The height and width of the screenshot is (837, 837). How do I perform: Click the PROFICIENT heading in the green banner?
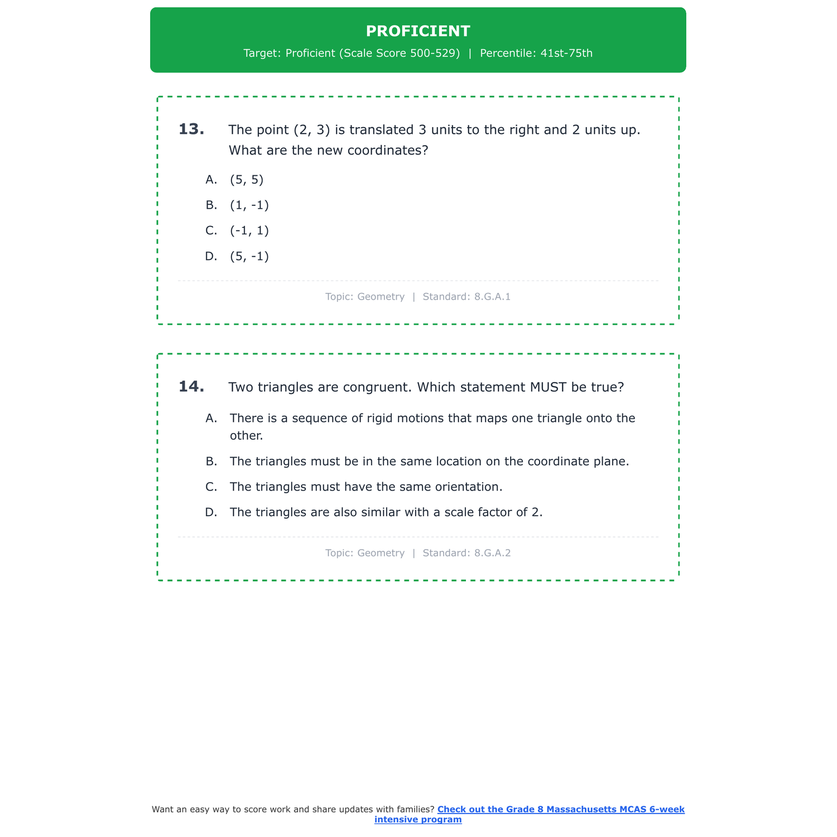tap(418, 31)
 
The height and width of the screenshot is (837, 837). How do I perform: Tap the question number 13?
tap(191, 129)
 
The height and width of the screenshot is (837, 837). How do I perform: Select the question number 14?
tap(191, 386)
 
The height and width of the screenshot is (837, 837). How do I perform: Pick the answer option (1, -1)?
tap(249, 205)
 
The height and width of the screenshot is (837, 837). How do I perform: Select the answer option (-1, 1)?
tap(249, 230)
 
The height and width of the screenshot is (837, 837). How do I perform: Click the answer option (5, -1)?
tap(249, 256)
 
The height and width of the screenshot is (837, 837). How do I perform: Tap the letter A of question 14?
tap(211, 418)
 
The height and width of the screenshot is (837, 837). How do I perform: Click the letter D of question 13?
tap(211, 256)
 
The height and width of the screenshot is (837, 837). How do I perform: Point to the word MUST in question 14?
tap(549, 387)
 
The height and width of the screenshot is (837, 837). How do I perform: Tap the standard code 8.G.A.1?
tap(492, 297)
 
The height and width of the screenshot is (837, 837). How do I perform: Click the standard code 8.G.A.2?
tap(492, 553)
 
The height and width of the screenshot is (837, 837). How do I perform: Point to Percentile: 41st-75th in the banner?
tap(536, 54)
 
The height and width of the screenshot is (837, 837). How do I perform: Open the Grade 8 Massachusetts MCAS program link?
tap(560, 809)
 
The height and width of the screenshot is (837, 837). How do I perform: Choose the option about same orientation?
tap(366, 487)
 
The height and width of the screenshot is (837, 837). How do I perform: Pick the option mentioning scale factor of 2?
tap(386, 512)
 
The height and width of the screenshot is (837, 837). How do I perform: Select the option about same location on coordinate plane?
tap(429, 461)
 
